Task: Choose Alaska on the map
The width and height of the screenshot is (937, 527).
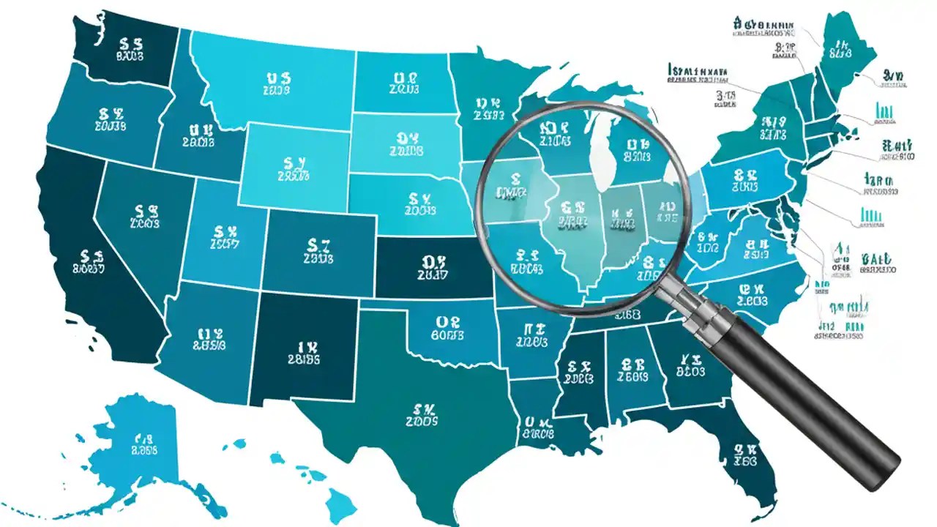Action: click(x=139, y=446)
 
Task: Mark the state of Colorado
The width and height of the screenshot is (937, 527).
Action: click(x=318, y=249)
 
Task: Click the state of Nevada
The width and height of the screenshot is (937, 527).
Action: click(x=143, y=212)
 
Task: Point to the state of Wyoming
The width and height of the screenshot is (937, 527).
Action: click(x=293, y=165)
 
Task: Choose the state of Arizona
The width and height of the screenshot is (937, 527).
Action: click(x=209, y=337)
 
